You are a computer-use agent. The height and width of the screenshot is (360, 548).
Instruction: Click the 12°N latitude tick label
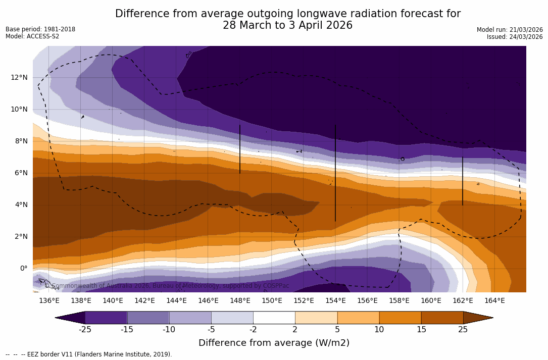click(x=18, y=77)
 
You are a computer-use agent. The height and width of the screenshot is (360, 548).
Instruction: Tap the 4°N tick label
click(x=20, y=204)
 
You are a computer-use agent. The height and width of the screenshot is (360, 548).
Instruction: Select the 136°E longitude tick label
click(x=49, y=300)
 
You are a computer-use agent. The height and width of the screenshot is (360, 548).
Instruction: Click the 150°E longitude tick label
click(x=272, y=300)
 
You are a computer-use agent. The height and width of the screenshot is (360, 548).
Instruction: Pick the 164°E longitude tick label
click(x=494, y=300)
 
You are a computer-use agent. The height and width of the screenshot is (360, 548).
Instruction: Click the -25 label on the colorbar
click(x=85, y=330)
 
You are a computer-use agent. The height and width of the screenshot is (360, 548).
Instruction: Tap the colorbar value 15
click(x=421, y=330)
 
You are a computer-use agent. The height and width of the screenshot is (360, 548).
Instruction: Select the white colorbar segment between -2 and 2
click(x=274, y=318)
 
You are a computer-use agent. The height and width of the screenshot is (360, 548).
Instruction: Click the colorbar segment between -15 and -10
click(x=148, y=318)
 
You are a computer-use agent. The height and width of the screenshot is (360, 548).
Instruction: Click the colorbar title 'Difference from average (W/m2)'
click(x=274, y=343)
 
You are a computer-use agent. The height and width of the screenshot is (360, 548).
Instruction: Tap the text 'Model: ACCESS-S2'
click(x=32, y=36)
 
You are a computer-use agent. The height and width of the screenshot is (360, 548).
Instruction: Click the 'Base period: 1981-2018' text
click(x=40, y=29)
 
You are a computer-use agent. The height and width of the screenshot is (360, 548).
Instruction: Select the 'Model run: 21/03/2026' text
click(x=510, y=30)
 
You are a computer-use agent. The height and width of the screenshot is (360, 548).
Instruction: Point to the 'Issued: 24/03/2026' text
click(x=515, y=37)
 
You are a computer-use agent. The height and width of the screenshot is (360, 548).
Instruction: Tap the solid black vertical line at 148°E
click(x=240, y=149)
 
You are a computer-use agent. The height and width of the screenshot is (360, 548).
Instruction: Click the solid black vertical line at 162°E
click(x=463, y=181)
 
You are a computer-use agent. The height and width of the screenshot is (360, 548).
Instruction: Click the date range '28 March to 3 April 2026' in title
click(x=287, y=25)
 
